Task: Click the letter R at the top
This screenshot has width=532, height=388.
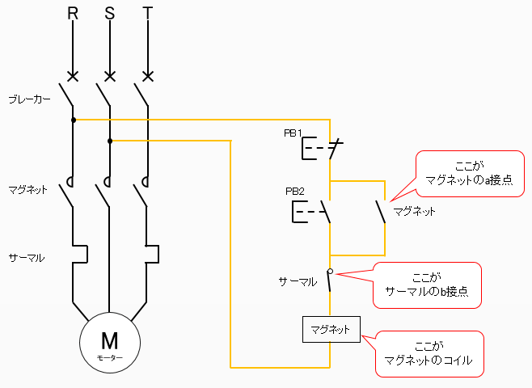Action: pos(73,14)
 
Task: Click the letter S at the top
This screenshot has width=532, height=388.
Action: pos(110,14)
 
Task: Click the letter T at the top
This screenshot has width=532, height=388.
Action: pos(147,14)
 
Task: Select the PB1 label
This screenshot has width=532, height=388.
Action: pos(293,133)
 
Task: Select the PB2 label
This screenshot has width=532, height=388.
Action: pos(295,192)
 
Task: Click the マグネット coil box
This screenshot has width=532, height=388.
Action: pos(330,330)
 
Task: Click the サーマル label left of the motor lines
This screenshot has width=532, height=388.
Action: pos(27,258)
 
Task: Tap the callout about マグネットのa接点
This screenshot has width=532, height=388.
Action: pos(469,172)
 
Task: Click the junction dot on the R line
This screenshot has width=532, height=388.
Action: pos(73,120)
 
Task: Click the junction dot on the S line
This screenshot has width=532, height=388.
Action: pos(110,141)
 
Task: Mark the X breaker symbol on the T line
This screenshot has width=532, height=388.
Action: pos(147,77)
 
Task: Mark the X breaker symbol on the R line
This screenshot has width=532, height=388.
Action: pos(73,77)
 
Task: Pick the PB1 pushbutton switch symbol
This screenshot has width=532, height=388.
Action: pos(322,150)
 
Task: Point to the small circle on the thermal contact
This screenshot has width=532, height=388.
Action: pos(330,271)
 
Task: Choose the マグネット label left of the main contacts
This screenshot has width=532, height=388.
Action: pos(29,190)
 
